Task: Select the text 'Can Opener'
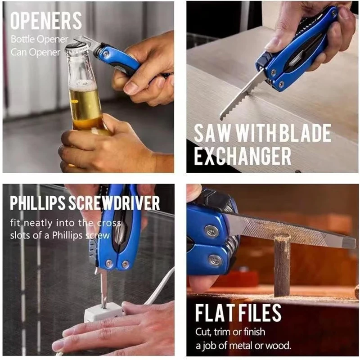(x=36, y=52)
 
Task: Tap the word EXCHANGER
(x=243, y=156)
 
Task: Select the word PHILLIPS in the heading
(x=41, y=203)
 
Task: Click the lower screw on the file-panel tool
(x=214, y=261)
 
